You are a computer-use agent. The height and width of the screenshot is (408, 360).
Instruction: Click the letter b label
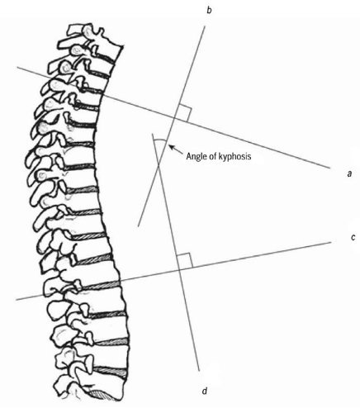[209, 11]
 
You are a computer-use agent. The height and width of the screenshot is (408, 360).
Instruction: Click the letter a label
[349, 173]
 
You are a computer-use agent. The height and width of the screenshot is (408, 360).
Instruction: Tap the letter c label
[353, 237]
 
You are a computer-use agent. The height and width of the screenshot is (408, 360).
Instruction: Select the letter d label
[205, 391]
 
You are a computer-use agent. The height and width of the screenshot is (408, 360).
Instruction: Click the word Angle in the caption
[196, 157]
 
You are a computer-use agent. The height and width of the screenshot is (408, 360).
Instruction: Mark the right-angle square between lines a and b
[184, 113]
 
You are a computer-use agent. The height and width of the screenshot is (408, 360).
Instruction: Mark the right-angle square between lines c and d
[185, 260]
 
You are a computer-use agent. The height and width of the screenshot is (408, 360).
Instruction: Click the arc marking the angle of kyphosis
[160, 140]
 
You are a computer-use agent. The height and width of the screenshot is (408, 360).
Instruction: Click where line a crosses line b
[174, 118]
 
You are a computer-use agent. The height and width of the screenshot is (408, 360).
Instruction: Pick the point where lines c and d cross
[179, 270]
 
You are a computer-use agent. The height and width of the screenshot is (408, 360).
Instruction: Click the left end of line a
[17, 67]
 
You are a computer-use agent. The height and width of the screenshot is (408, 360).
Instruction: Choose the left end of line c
[17, 300]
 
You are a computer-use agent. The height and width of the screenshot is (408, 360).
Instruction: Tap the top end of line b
[205, 26]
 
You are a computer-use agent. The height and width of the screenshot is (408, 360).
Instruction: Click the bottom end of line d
[200, 371]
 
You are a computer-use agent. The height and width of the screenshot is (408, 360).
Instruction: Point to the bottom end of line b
[138, 226]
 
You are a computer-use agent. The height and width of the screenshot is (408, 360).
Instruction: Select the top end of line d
[152, 134]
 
